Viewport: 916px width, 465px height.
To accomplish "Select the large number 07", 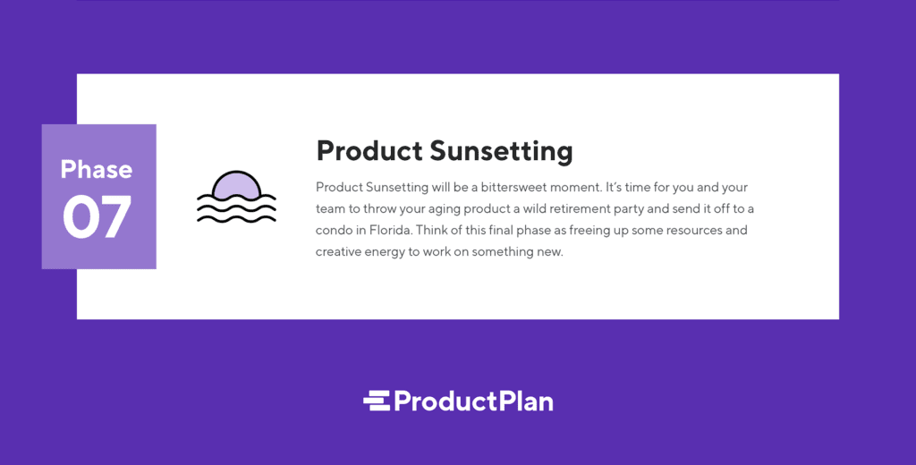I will point(98,217).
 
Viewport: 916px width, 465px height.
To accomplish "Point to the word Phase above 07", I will point(97,169).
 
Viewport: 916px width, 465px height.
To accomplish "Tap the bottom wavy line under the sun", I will point(236,217).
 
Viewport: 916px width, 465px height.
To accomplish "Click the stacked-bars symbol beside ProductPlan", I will point(377,401).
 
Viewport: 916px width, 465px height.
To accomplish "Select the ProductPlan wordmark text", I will point(473,401).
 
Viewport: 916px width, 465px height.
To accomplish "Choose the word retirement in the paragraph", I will point(594,209).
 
